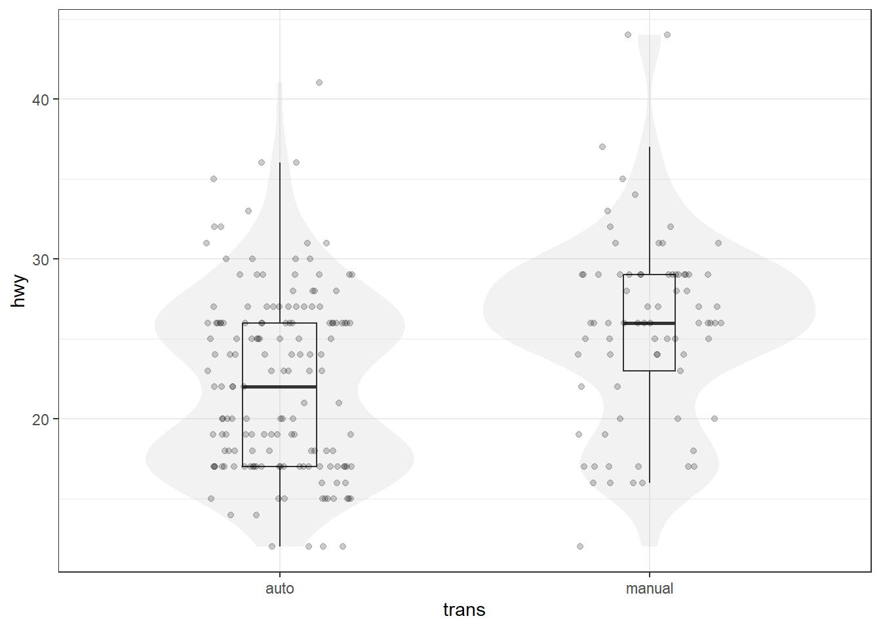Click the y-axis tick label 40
coord(41,100)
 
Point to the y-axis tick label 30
coord(41,259)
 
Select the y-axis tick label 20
coord(41,419)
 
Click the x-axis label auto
coord(280,588)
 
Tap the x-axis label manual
coord(649,588)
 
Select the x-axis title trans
coord(464,610)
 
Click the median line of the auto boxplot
coord(280,387)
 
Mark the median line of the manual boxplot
coord(649,323)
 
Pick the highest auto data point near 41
coord(319,83)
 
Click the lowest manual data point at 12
coord(580,546)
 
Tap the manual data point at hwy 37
coord(602,147)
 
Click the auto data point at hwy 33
coord(248,211)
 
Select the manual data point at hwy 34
coord(635,195)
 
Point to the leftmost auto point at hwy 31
coord(206,243)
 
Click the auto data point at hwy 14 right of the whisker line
coord(256,515)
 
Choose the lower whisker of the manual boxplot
coord(650,426)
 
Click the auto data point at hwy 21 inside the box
coord(304,403)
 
